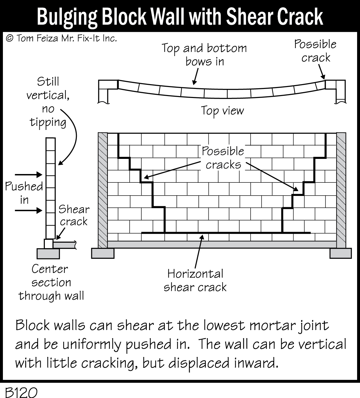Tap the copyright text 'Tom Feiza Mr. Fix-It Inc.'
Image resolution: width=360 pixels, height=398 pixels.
tap(61, 38)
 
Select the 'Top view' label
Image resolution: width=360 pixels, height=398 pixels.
tap(223, 111)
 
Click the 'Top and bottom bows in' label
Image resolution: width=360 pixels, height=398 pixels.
tap(204, 54)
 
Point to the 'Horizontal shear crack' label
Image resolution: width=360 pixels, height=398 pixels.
tap(195, 280)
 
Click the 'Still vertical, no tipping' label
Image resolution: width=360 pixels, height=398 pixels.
tap(48, 102)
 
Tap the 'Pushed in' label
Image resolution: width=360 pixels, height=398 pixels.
tap(24, 193)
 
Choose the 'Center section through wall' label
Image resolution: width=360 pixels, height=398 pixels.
tap(51, 282)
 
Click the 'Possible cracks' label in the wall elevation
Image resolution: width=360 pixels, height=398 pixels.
tap(223, 158)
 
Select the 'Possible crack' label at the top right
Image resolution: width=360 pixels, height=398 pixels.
tap(315, 51)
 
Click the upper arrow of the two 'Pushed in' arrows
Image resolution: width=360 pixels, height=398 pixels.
tap(29, 175)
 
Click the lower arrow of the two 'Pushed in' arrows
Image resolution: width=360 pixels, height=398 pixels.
tap(29, 210)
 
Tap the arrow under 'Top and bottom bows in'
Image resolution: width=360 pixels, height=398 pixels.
tap(195, 77)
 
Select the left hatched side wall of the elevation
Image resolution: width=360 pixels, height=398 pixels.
tap(102, 190)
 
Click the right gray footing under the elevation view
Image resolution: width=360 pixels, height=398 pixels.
tap(340, 253)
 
